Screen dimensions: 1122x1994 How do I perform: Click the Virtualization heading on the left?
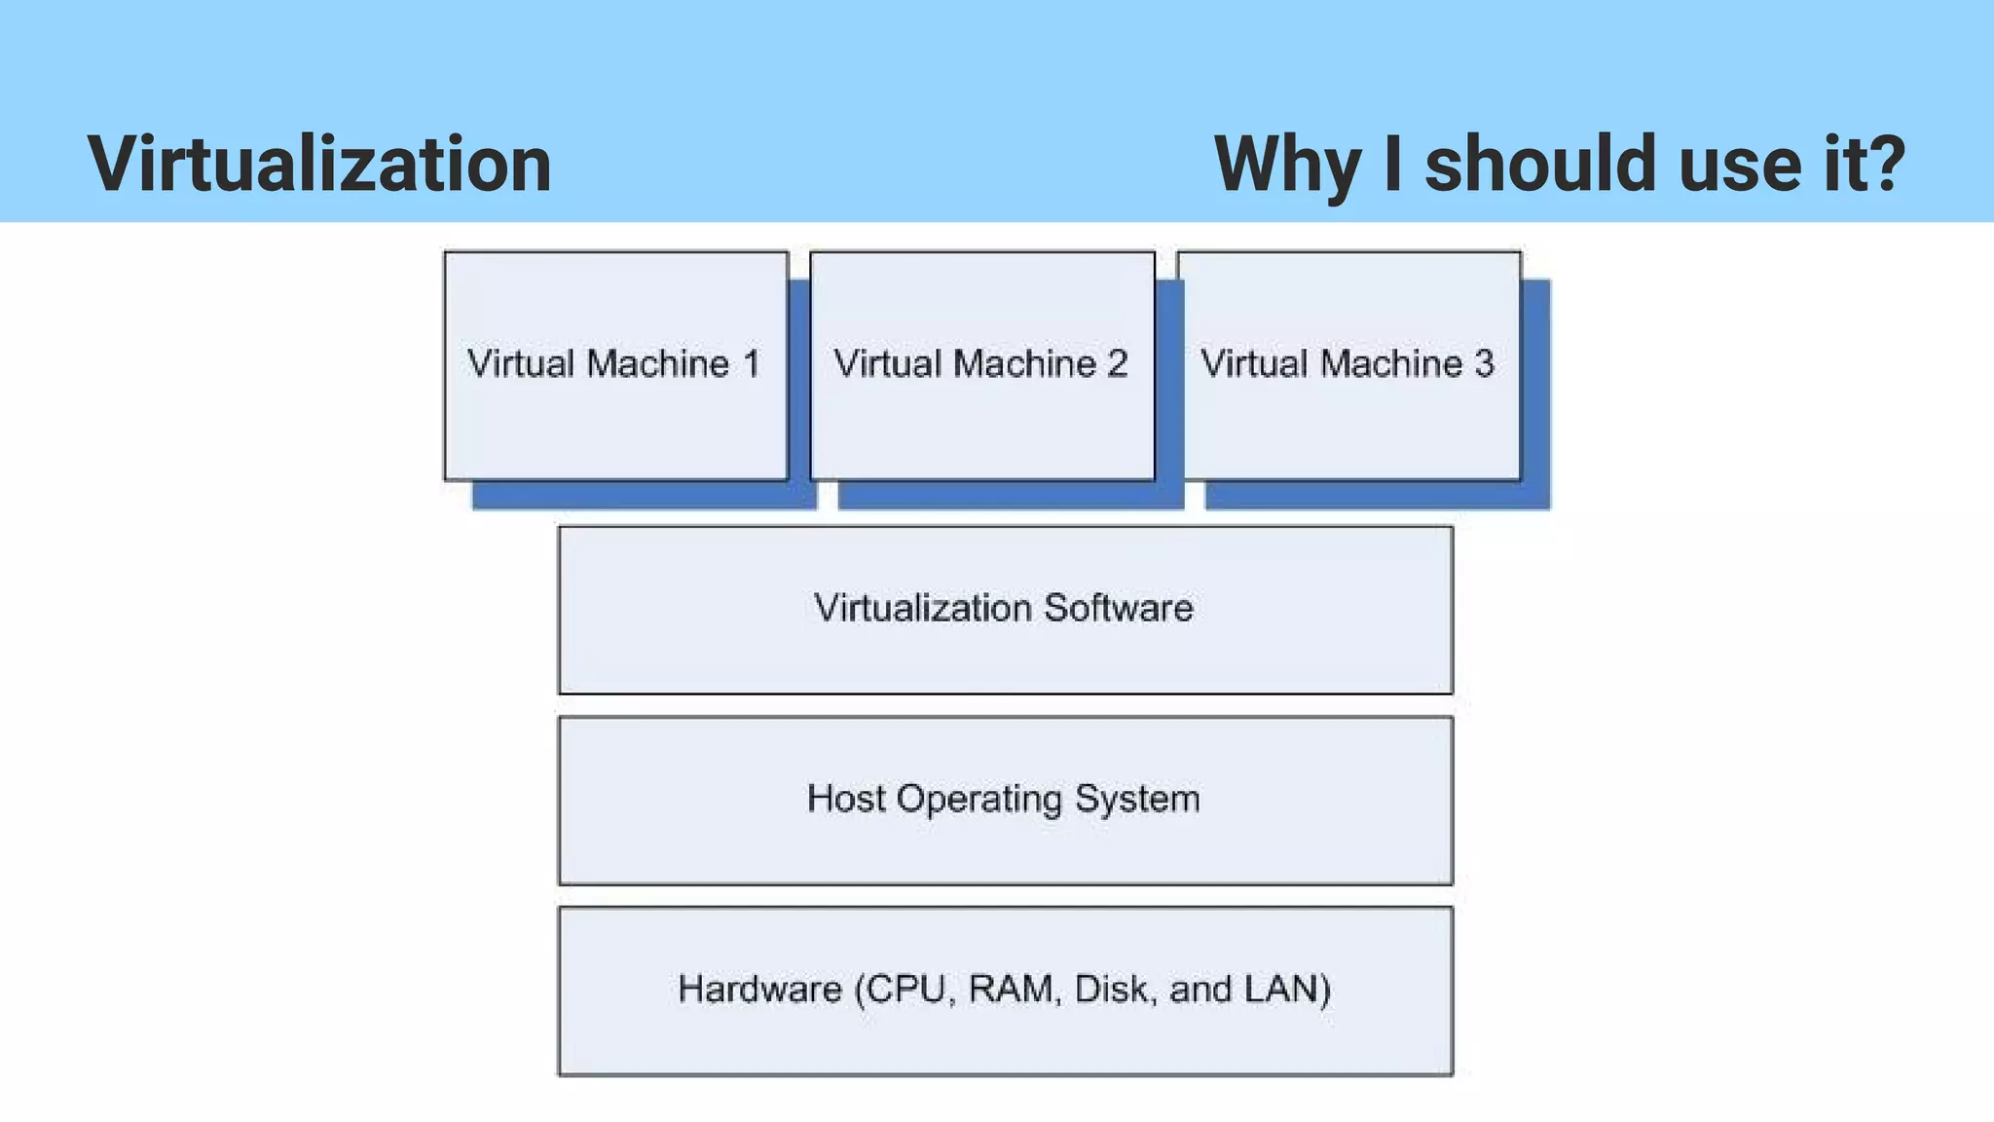pyautogui.click(x=319, y=164)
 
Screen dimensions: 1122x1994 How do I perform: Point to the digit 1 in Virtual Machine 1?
pyautogui.click(x=751, y=364)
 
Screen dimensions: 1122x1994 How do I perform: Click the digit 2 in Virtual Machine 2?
pyautogui.click(x=1117, y=364)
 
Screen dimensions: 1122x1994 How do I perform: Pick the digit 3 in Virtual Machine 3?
pyautogui.click(x=1484, y=364)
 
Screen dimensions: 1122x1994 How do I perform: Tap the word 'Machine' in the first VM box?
pyautogui.click(x=658, y=364)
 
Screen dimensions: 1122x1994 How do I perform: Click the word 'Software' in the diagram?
pyautogui.click(x=1118, y=608)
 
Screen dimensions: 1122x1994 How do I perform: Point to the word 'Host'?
pyautogui.click(x=846, y=799)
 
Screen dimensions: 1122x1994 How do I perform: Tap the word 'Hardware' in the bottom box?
pyautogui.click(x=759, y=990)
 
